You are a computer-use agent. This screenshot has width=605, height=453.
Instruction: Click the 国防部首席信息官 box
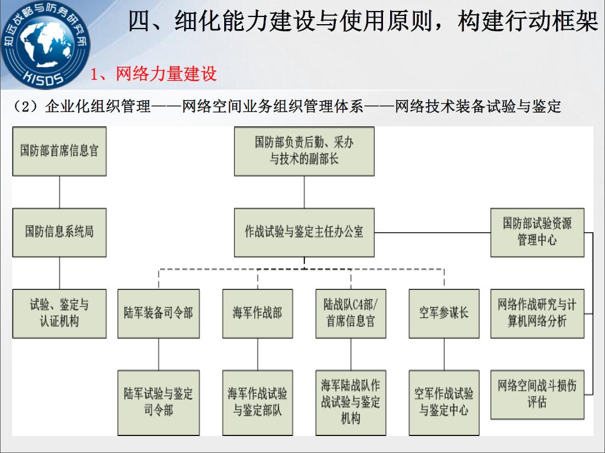[x=59, y=151]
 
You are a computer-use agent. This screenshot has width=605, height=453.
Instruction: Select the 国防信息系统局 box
[x=59, y=232]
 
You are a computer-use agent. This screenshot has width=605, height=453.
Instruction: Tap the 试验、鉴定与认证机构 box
[x=59, y=314]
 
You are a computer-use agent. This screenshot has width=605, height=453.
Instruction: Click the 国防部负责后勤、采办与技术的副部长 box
[x=304, y=151]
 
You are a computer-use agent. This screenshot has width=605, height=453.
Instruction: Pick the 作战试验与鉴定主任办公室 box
[x=304, y=232]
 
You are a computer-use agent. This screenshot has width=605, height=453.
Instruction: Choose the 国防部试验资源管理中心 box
[x=537, y=232]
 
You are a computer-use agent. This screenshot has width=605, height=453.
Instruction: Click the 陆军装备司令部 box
[x=159, y=314]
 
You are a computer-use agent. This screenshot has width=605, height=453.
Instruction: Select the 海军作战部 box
[x=257, y=314]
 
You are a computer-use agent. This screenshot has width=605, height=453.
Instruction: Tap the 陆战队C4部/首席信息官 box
[x=351, y=314]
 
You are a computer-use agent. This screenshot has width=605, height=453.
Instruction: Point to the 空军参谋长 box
[x=444, y=314]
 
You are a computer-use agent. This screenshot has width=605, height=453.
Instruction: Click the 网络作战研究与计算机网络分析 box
[x=537, y=314]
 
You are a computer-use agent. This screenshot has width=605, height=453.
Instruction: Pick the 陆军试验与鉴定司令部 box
[x=159, y=403]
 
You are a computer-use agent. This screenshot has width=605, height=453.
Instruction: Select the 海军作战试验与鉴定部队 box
[x=257, y=403]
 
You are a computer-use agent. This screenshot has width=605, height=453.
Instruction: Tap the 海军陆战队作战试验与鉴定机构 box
[x=351, y=403]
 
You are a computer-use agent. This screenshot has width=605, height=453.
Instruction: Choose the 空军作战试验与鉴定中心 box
[x=444, y=403]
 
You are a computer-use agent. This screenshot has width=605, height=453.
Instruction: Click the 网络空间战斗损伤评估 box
[x=537, y=395]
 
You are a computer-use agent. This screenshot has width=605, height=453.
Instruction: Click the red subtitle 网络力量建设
[x=166, y=74]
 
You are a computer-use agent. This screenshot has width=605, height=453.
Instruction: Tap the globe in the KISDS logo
[x=46, y=43]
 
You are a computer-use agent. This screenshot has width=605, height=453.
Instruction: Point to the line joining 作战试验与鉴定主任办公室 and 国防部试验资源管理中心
[x=432, y=232]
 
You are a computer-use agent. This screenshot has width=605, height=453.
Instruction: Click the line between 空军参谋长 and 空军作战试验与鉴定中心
[x=444, y=354]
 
